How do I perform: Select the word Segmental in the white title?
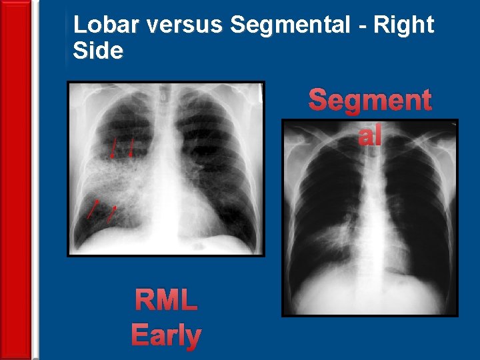click(x=290, y=25)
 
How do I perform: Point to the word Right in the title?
click(x=405, y=25)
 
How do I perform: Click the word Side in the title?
click(x=98, y=51)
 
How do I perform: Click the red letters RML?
click(x=166, y=301)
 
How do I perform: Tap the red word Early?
click(x=166, y=335)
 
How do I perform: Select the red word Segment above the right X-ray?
click(x=370, y=101)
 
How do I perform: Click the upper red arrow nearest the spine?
click(x=131, y=147)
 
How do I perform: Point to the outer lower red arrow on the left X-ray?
click(x=93, y=209)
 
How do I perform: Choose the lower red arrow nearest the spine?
click(x=112, y=213)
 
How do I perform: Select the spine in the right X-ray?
click(x=368, y=220)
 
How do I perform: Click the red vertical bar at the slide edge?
click(x=15, y=180)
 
